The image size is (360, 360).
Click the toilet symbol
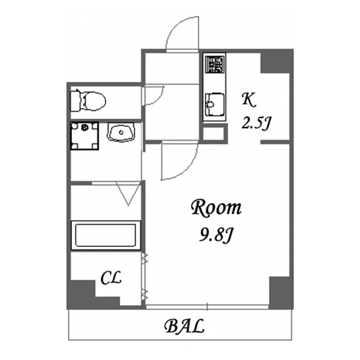pyautogui.click(x=88, y=101)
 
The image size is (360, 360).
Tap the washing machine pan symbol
pyautogui.click(x=84, y=136)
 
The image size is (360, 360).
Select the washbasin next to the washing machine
pyautogui.click(x=121, y=132)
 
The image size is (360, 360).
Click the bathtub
pyautogui.click(x=106, y=235)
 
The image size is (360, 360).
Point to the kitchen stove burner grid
pyautogui.click(x=215, y=63)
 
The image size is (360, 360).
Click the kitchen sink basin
pyautogui.click(x=215, y=104)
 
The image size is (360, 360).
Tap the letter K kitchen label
pyautogui.click(x=249, y=100)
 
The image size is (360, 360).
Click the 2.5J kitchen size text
pyautogui.click(x=256, y=123)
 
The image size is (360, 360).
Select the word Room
pyautogui.click(x=216, y=207)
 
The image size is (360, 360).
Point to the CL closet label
pyautogui.click(x=111, y=278)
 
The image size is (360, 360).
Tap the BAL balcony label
pyautogui.click(x=185, y=326)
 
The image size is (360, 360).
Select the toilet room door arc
pyautogui.click(x=160, y=99)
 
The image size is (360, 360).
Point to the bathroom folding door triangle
pyautogui.click(x=128, y=194)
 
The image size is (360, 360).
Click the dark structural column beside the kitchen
pyautogui.click(x=277, y=61)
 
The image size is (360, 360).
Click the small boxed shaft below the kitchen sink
pyautogui.click(x=213, y=133)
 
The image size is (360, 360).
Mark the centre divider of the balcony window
pyautogui.click(x=207, y=307)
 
